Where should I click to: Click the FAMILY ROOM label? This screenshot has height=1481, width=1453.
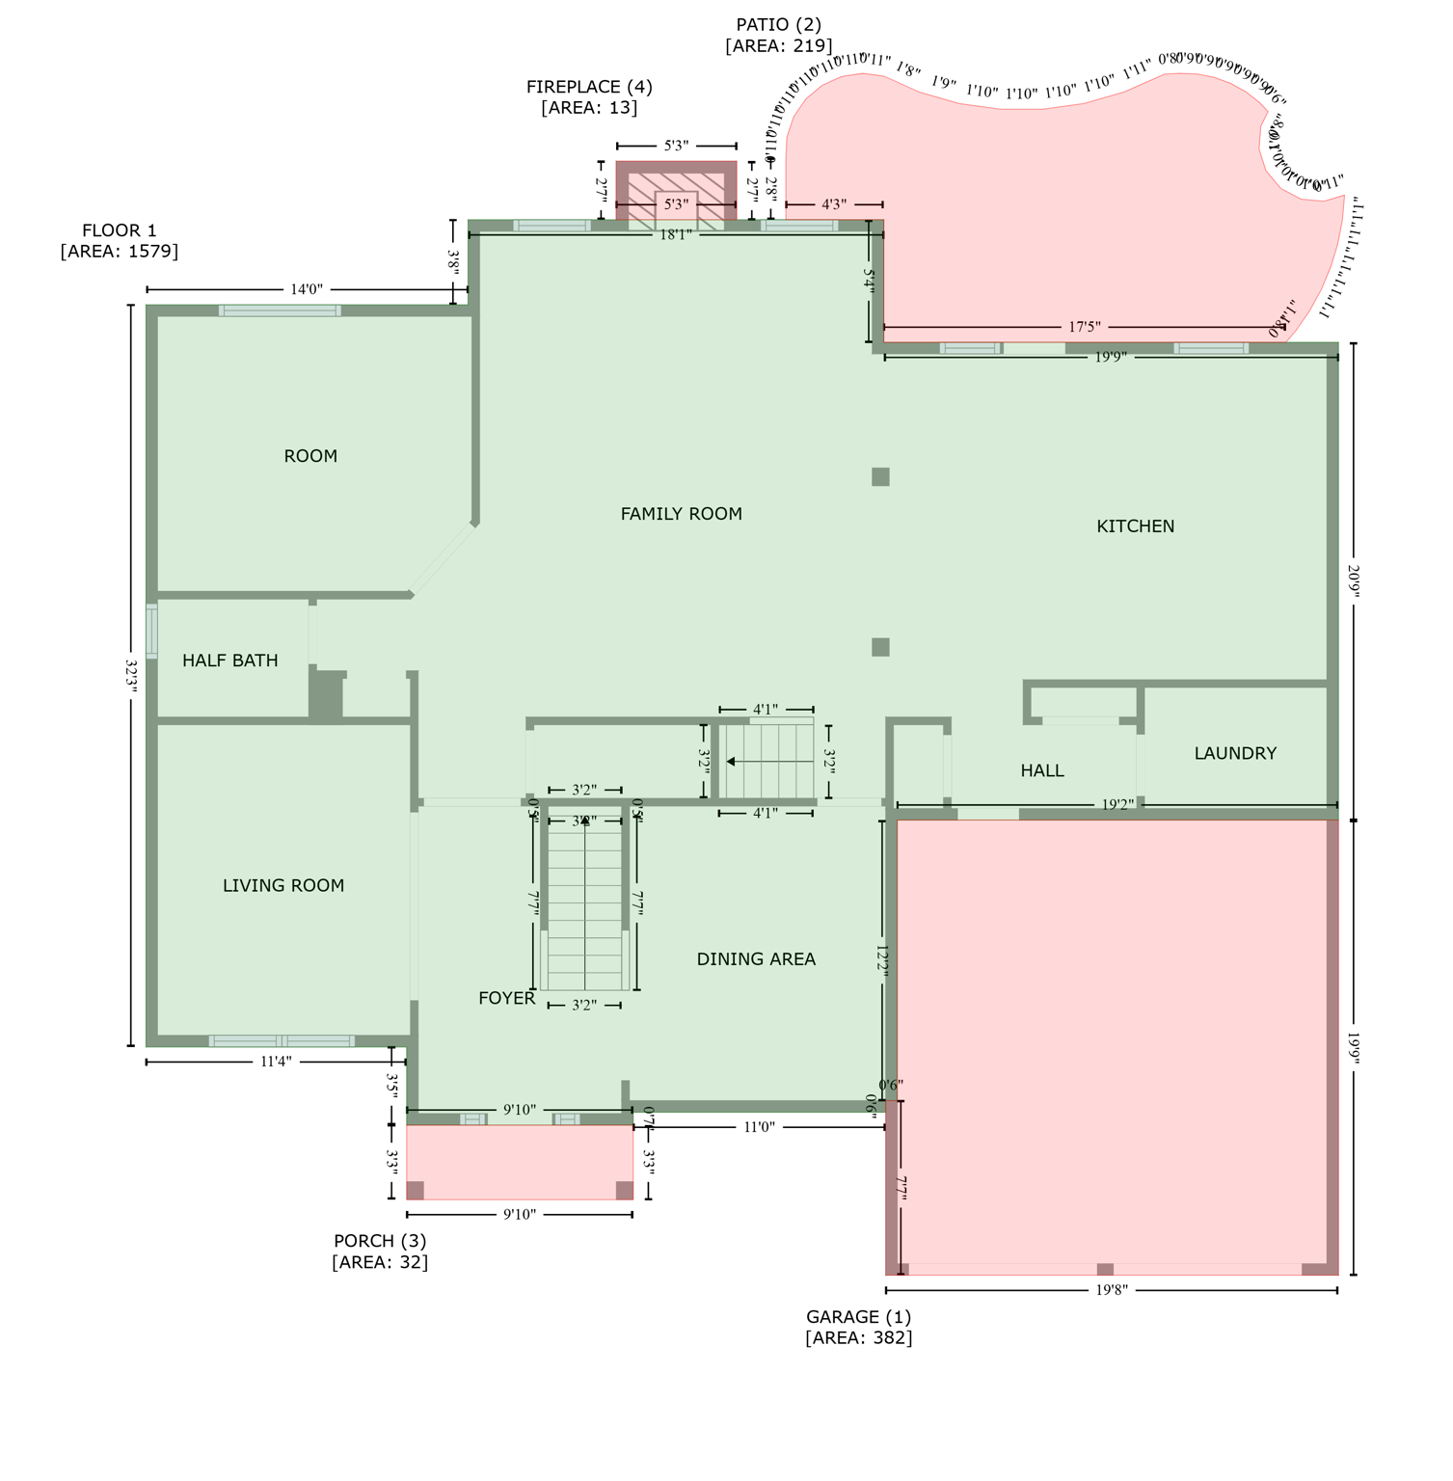pos(681,514)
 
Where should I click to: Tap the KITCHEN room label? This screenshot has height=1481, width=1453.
pos(1135,526)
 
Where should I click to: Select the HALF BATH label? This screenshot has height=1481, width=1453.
pos(229,660)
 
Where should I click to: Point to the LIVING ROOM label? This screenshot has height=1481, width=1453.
pos(283,885)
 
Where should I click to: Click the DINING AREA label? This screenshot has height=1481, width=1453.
pos(755,959)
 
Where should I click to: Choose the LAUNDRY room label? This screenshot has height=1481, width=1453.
pos(1234,753)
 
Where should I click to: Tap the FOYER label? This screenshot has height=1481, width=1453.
pos(506,998)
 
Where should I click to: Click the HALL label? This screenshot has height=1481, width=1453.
pos(1041,770)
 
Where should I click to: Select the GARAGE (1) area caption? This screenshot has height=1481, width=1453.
pos(858,1327)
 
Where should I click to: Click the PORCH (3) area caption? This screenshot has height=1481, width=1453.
pos(380,1251)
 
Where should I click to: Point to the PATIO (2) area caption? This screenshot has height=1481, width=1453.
pos(778,35)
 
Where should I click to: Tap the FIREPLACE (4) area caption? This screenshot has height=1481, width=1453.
pos(589,96)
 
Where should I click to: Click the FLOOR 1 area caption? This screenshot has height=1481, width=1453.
pos(119,240)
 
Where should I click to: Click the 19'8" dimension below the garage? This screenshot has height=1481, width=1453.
pos(1111,1290)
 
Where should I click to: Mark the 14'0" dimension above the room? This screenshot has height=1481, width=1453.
pos(306,289)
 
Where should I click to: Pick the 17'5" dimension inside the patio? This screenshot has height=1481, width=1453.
pos(1084,328)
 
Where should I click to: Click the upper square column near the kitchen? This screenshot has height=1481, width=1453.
pos(880,476)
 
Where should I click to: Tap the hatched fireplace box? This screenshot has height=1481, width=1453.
pos(676,197)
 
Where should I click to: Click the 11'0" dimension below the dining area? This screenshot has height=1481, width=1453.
pos(759,1126)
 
